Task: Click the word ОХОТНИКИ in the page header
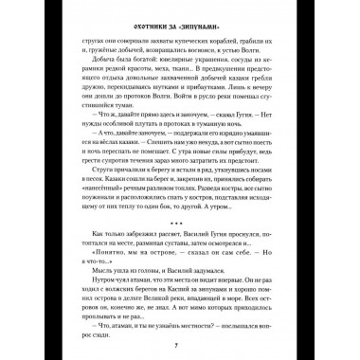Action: tap(145, 14)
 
